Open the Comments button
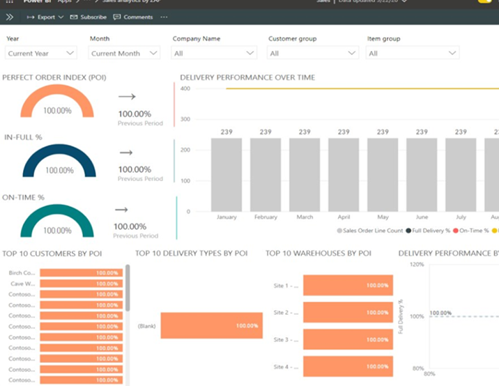tap(133, 17)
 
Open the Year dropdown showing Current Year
tap(41, 53)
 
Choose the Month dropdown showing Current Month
tap(125, 53)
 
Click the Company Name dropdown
tap(215, 53)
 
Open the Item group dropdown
tap(413, 53)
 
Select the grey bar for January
tap(227, 175)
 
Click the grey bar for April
tap(344, 175)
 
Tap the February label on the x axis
tap(266, 217)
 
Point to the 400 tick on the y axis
tap(185, 88)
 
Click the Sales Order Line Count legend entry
tap(369, 230)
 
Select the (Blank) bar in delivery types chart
tap(211, 325)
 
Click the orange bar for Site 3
tap(348, 339)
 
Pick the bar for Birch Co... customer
tap(81, 273)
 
